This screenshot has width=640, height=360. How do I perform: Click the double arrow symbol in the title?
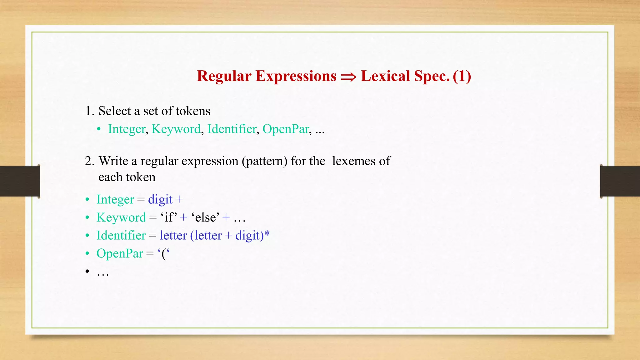tap(348, 77)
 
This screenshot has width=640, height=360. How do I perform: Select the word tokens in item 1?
tap(193, 111)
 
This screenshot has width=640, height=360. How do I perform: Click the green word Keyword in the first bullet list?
tap(176, 129)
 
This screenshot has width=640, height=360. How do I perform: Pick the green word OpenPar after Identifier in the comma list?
tap(286, 129)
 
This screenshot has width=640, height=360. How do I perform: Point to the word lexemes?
tap(353, 161)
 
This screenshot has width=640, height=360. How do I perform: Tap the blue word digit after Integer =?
tap(160, 199)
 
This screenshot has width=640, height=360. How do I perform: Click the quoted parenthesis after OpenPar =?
tap(164, 253)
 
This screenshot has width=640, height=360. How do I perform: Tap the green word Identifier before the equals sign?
tap(121, 236)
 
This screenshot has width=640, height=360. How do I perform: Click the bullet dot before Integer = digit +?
tap(87, 200)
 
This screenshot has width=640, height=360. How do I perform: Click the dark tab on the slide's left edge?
tap(19, 181)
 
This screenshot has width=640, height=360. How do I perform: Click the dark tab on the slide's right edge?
tap(620, 181)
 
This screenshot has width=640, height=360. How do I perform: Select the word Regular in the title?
tap(224, 76)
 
